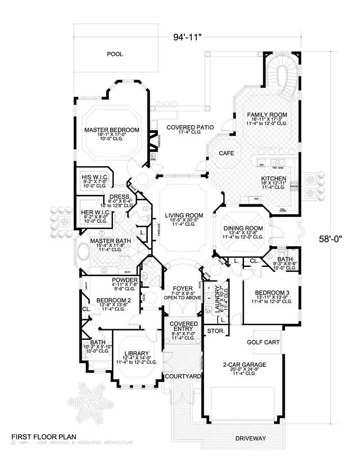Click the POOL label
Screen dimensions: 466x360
[115, 54]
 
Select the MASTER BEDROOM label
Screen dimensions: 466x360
[112, 130]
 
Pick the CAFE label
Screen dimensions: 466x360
[226, 154]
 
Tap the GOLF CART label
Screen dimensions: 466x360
[263, 342]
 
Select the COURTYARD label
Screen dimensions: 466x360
[182, 376]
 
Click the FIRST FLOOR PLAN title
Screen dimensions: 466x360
[43, 436]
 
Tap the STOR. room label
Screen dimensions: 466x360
[213, 331]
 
